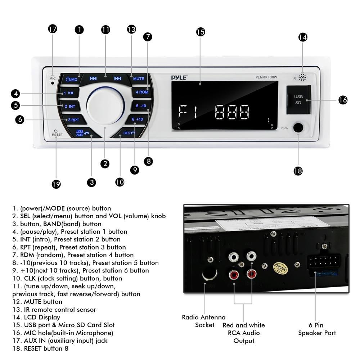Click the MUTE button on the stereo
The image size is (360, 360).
tap(138, 79)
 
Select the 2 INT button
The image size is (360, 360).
tap(70, 107)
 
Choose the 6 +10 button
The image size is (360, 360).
tap(137, 120)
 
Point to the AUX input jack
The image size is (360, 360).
tap(298, 128)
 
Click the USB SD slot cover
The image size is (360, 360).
tap(298, 99)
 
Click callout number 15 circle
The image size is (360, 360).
tap(201, 32)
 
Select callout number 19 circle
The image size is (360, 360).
tap(56, 184)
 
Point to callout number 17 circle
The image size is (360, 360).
tap(53, 29)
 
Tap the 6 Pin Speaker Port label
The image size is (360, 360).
tap(317, 329)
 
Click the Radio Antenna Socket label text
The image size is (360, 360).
tap(204, 321)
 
